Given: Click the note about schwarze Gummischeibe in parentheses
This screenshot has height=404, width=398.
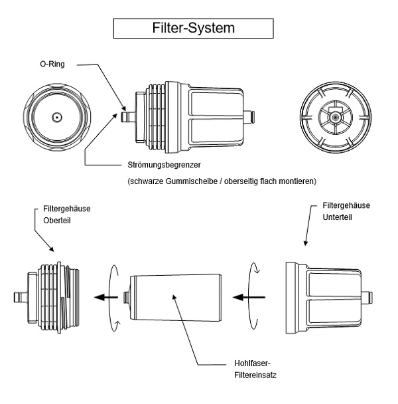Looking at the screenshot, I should (x=220, y=181).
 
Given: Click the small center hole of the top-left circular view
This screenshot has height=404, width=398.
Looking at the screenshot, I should (x=56, y=118).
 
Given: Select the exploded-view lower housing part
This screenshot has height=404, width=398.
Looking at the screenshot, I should (x=323, y=297).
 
